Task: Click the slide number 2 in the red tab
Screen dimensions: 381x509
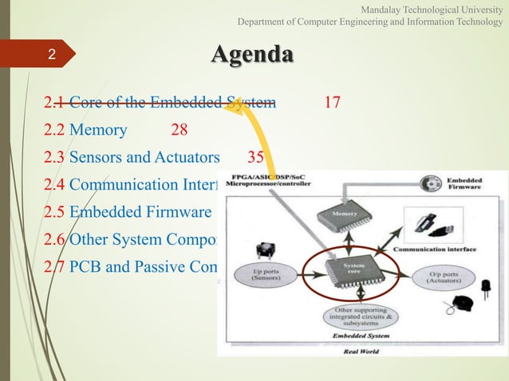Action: point(51,55)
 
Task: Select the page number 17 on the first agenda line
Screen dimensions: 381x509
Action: point(333,102)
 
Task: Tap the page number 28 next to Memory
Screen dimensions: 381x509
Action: point(179,129)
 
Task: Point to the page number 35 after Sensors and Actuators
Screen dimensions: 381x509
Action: point(255,157)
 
